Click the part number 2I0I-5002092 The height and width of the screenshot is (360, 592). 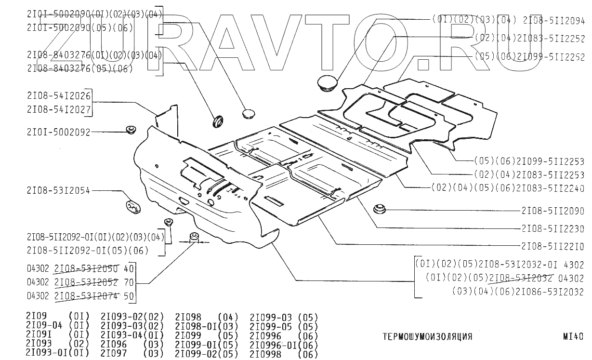pos(58,132)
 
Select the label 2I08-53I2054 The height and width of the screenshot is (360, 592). pos(58,190)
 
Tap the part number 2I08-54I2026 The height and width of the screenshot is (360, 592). pos(59,96)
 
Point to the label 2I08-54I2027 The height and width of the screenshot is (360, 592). pos(59,109)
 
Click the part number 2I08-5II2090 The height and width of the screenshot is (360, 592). pos(553,211)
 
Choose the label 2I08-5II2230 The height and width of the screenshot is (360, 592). pos(553,228)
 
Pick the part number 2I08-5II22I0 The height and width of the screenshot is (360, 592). pos(553,247)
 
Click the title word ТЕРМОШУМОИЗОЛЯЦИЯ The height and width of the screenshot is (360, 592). pos(427,337)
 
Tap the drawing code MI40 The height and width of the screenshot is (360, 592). pos(573,336)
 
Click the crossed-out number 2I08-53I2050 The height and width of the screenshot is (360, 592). pos(86,269)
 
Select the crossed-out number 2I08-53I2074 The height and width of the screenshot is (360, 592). pos(86,296)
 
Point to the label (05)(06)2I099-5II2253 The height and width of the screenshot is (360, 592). pos(529,161)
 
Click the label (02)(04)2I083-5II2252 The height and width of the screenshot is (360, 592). pos(530,39)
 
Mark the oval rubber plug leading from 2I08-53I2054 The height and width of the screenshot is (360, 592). pos(133,207)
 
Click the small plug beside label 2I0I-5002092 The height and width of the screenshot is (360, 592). pos(131,130)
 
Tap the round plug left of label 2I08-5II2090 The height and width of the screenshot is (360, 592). pos(380,209)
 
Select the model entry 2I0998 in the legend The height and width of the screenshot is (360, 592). pos(265,354)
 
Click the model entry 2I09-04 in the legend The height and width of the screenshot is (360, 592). pos(44,325)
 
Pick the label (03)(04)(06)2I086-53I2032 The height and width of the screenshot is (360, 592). pos(518,292)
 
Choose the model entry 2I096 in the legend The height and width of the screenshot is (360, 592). pos(114,344)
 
